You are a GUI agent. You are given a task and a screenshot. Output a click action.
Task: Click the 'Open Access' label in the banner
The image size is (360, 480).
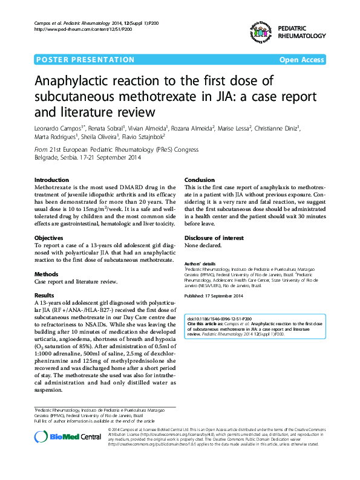click(301, 60)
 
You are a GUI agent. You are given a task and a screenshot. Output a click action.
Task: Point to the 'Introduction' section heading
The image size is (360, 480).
click(52, 180)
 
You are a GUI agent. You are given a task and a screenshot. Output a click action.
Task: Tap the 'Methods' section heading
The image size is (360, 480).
click(47, 274)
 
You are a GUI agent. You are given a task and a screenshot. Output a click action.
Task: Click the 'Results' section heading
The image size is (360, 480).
click(45, 295)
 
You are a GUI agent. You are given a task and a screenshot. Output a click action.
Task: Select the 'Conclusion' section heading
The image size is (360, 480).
click(200, 180)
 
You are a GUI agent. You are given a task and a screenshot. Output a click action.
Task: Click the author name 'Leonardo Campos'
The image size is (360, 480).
click(57, 128)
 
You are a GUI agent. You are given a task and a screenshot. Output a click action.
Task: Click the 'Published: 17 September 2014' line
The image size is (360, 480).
click(214, 295)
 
